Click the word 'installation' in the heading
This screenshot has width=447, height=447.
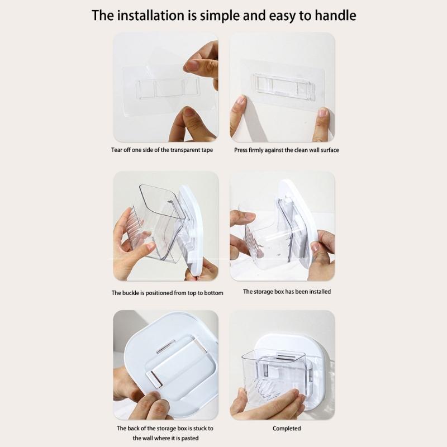tap(150, 16)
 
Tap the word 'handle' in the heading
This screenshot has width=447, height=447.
tap(335, 16)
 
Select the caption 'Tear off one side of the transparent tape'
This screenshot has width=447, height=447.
tap(162, 150)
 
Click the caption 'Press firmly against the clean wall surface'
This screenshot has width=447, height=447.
tap(287, 150)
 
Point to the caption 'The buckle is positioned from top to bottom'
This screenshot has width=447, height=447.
tap(167, 293)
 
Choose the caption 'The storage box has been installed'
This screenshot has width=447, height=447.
tap(287, 292)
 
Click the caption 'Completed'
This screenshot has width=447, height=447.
tap(287, 428)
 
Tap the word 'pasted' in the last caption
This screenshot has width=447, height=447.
tap(190, 438)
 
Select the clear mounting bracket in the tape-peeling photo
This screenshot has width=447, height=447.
tap(168, 88)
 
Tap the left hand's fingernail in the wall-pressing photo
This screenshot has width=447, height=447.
tap(241, 100)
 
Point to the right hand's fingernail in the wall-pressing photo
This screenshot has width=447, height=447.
tap(323, 112)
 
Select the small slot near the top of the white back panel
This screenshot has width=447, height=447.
tap(165, 346)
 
